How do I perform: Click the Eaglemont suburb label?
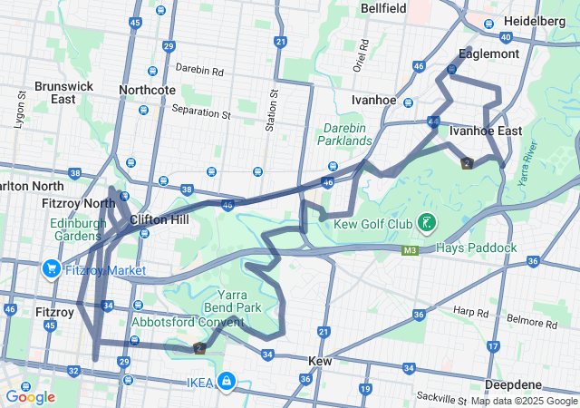click(489, 53)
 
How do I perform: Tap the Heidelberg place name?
click(535, 21)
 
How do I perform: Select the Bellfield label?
click(383, 7)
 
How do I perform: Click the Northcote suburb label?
click(148, 90)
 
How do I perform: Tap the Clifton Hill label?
click(159, 219)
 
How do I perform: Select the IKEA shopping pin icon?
click(225, 383)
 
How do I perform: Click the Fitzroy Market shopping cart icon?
click(50, 269)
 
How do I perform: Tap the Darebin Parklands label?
click(345, 134)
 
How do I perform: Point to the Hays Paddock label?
click(476, 248)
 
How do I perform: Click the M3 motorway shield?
click(411, 248)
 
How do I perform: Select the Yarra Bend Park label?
click(239, 301)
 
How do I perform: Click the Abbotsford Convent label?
click(188, 322)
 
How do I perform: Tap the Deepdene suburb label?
click(514, 384)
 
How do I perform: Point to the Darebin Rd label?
click(199, 68)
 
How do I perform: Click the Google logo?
click(30, 396)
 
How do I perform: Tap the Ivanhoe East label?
click(486, 131)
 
